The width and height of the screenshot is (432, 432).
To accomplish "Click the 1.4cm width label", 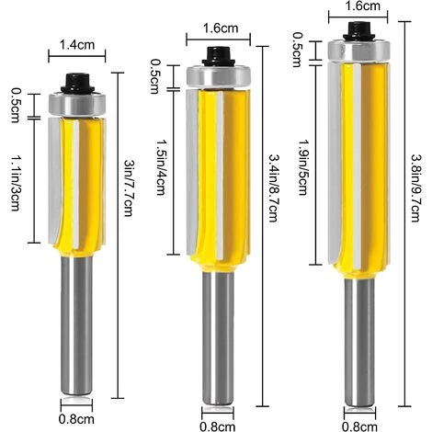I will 73,42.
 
